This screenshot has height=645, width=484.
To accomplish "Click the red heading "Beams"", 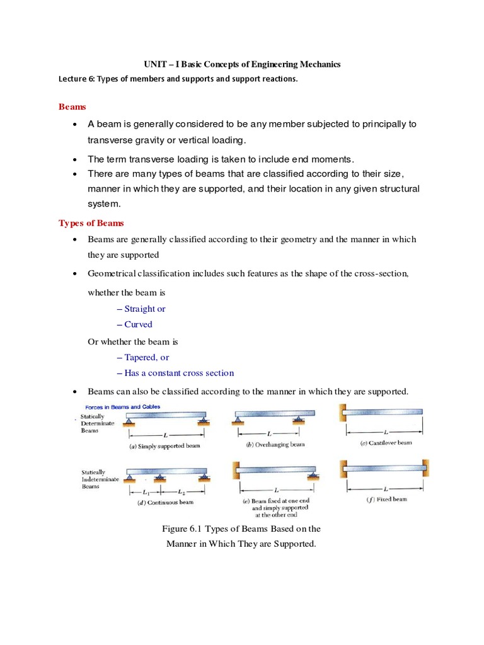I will tap(72, 108).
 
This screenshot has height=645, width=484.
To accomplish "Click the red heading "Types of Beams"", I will tap(91, 223).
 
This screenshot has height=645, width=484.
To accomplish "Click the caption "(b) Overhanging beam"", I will tap(274, 444).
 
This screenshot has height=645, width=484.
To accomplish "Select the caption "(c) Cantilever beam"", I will tap(386, 443).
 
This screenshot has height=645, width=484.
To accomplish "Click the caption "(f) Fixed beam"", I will tap(386, 499).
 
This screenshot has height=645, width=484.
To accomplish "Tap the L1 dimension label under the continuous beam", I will tap(146, 491).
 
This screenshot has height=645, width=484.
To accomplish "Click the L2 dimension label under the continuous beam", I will tap(181, 491).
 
